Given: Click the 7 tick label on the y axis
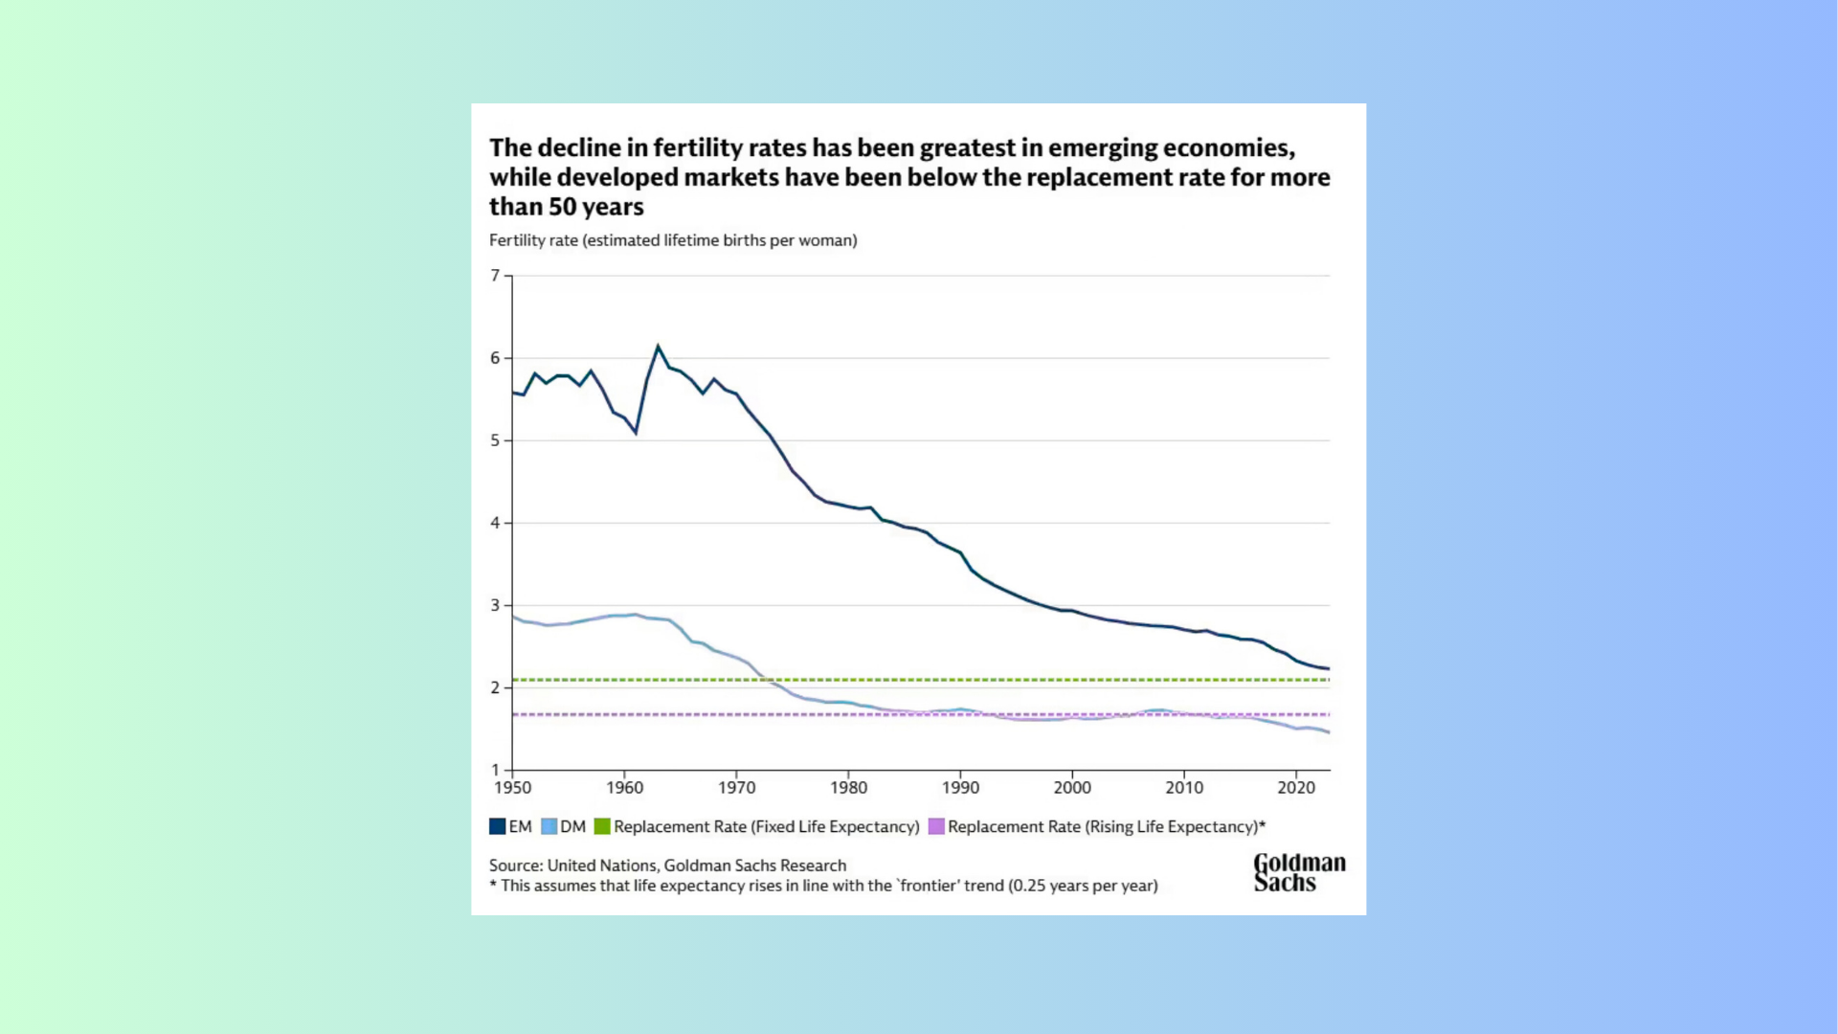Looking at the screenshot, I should click(495, 276).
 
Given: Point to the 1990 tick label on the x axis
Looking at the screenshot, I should click(960, 788).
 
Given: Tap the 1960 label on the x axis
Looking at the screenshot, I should click(624, 788).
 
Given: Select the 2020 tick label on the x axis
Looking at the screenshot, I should click(1296, 788).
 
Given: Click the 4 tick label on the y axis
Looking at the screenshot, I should click(495, 523).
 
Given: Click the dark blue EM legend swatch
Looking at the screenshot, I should click(498, 826).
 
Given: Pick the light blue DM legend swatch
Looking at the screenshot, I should click(549, 826).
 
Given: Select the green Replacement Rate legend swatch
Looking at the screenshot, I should click(602, 826).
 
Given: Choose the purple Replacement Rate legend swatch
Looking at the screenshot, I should click(936, 826).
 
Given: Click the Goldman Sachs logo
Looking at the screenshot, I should click(1299, 872).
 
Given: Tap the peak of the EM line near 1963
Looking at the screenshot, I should click(658, 346).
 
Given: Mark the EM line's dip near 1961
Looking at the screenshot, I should click(636, 433).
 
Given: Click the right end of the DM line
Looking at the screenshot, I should click(1329, 732).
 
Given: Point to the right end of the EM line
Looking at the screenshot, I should click(1329, 668).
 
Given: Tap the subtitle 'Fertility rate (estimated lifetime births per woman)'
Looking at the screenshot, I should click(673, 240).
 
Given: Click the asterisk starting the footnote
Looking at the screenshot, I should click(493, 885).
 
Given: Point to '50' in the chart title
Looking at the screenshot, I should click(562, 207).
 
